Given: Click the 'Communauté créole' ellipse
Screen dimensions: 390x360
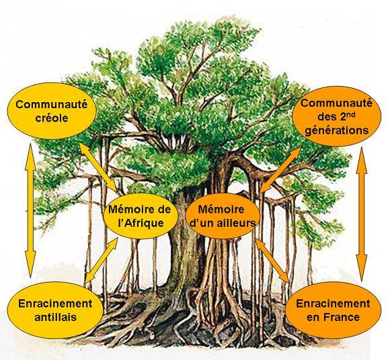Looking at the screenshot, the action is [51, 111].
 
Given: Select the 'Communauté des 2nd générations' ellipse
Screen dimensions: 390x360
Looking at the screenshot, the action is [336, 116].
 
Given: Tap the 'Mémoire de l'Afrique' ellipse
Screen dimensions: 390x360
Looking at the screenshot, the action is [141, 216].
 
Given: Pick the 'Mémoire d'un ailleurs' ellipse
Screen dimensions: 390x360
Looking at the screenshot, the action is [223, 216].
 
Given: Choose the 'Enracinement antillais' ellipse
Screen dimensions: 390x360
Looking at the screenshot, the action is [55, 310].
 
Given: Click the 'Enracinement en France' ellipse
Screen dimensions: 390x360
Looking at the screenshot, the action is [333, 310].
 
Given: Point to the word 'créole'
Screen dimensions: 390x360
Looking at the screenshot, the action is [52, 118].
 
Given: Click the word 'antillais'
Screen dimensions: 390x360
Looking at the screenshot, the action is [55, 317].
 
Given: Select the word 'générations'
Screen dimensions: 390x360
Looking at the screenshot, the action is [336, 130].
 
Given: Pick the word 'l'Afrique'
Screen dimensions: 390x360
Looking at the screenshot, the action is [141, 223].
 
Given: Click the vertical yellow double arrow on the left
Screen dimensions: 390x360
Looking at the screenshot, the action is [31, 210].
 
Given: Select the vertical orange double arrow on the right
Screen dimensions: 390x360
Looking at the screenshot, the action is [361, 214].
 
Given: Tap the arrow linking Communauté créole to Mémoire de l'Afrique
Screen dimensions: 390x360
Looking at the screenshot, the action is [98, 168].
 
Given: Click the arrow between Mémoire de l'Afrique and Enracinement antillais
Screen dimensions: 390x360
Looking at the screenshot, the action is [102, 260].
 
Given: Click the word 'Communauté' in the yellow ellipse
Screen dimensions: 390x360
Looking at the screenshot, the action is [52, 104].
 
